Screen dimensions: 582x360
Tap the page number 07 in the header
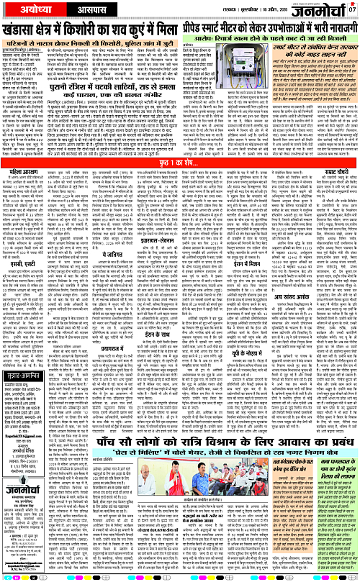[353, 9]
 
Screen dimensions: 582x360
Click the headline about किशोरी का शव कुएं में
[101, 31]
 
